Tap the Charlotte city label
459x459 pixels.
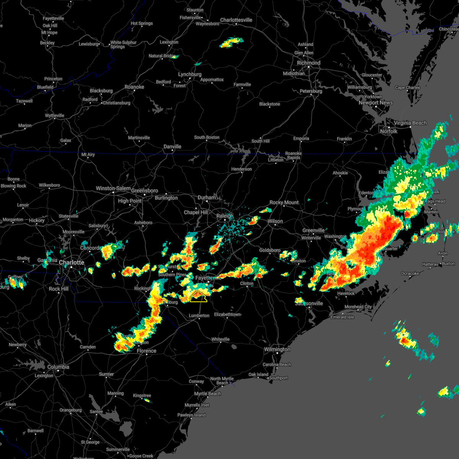point(72,263)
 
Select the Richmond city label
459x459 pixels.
point(309,63)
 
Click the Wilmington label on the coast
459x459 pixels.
point(277,349)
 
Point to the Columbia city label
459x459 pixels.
point(58,367)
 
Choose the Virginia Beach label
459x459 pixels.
point(410,123)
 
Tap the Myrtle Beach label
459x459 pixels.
point(208,394)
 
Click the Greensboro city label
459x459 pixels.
point(145,190)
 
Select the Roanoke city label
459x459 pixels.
point(134,87)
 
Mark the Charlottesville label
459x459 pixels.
point(236,20)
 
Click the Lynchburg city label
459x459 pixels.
point(190,74)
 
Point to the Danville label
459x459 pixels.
point(172,146)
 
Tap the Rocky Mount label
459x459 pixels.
point(284,202)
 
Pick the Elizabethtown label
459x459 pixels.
point(228,314)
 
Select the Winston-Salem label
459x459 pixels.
point(113,188)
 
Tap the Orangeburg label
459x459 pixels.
point(71,410)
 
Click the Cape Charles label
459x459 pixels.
point(407,88)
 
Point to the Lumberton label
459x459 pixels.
point(199,316)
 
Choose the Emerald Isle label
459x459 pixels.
point(342,317)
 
